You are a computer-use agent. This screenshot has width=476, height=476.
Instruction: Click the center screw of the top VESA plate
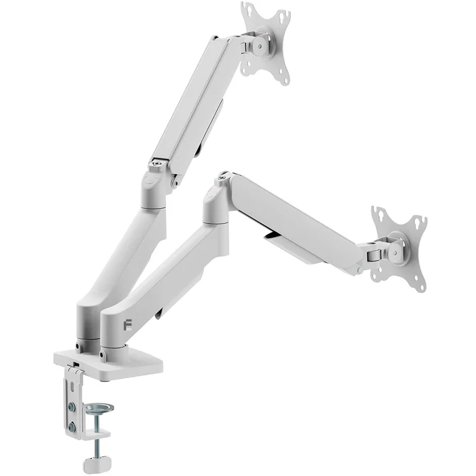[259, 46]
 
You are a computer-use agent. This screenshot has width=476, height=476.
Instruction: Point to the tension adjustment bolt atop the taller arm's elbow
[158, 163]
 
